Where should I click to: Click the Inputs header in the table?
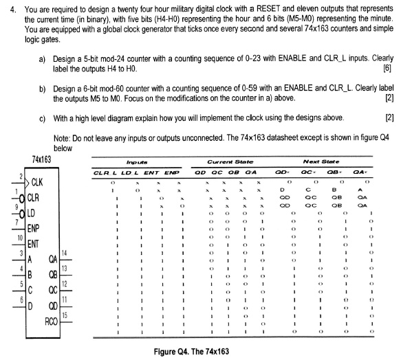129,160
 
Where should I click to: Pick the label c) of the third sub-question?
43,117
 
